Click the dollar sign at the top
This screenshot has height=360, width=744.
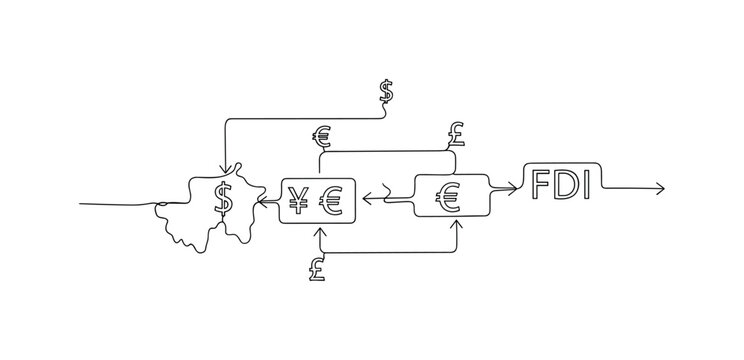[386, 92]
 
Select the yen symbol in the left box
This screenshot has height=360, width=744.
[298, 203]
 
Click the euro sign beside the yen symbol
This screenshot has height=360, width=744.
[330, 203]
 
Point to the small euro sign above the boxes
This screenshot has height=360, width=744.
[322, 137]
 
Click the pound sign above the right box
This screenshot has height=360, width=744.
[456, 131]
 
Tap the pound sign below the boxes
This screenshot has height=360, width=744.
[318, 267]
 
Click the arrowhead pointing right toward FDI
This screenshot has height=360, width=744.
[513, 186]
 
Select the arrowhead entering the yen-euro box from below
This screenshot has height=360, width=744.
[320, 232]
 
